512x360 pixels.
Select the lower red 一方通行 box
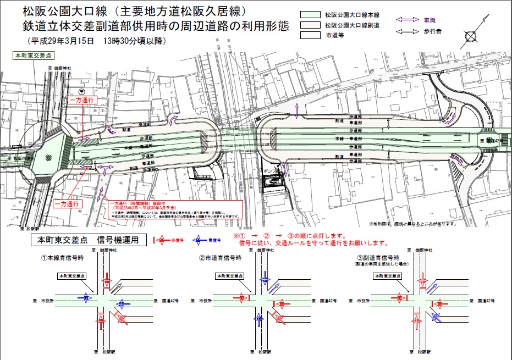click(68, 204)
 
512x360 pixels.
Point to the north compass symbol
click(472, 37)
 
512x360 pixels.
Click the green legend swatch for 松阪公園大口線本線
click(311, 15)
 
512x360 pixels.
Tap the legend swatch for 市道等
click(311, 36)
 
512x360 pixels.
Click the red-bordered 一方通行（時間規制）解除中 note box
click(170, 209)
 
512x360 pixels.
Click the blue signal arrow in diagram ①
click(86, 298)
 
